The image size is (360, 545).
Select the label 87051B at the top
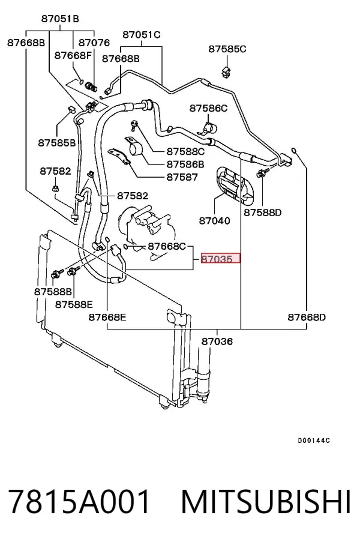pyautogui.click(x=60, y=19)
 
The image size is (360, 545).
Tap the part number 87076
pyautogui.click(x=94, y=43)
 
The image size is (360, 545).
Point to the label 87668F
pyautogui.click(x=73, y=55)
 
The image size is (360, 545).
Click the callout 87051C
pyautogui.click(x=142, y=35)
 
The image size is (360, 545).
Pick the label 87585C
pyautogui.click(x=227, y=49)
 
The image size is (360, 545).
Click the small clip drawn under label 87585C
pyautogui.click(x=226, y=71)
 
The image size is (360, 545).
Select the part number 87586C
pyautogui.click(x=208, y=109)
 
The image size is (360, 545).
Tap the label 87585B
pyautogui.click(x=56, y=143)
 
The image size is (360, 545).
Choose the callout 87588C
pyautogui.click(x=185, y=151)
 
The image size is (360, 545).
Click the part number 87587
pyautogui.click(x=182, y=177)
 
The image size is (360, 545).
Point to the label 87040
pyautogui.click(x=214, y=220)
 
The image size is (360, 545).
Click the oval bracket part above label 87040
pyautogui.click(x=236, y=185)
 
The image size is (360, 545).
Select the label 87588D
pyautogui.click(x=262, y=212)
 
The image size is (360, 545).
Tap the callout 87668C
pyautogui.click(x=167, y=247)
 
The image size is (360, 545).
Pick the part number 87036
pyautogui.click(x=217, y=342)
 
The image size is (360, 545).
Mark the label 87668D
pyautogui.click(x=307, y=318)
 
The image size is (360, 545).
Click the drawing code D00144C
pyautogui.click(x=313, y=441)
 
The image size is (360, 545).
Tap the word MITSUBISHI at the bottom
pyautogui.click(x=266, y=502)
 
